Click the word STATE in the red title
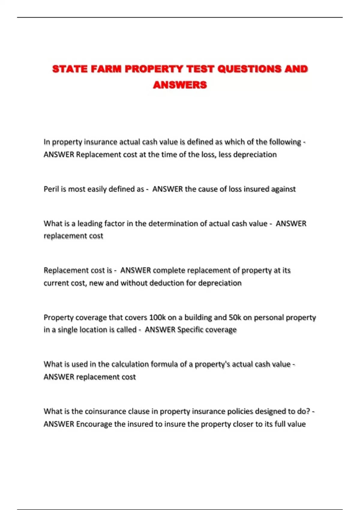pyautogui.click(x=70, y=69)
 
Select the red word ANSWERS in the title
pyautogui.click(x=180, y=85)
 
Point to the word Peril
pyautogui.click(x=51, y=189)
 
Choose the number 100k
pyautogui.click(x=157, y=317)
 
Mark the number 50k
pyautogui.click(x=235, y=317)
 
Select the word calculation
pyautogui.click(x=130, y=364)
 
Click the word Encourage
pyautogui.click(x=94, y=424)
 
